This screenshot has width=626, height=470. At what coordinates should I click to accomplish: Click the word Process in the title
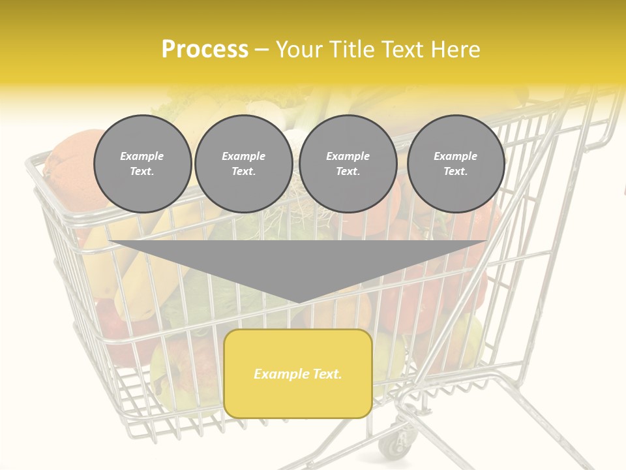click(x=205, y=50)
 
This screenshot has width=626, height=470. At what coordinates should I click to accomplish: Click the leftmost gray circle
click(x=142, y=164)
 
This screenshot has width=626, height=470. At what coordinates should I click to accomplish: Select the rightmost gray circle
click(x=456, y=164)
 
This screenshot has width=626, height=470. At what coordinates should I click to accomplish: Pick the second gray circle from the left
click(x=243, y=164)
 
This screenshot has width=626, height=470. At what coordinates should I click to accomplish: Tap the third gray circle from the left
click(x=348, y=164)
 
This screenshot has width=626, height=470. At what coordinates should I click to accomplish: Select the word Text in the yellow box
click(x=327, y=374)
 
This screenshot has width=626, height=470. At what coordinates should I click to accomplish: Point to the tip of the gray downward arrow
click(x=299, y=302)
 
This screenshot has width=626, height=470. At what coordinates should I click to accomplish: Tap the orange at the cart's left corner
click(x=72, y=163)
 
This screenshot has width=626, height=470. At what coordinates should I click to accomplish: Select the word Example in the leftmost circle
click(x=142, y=156)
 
